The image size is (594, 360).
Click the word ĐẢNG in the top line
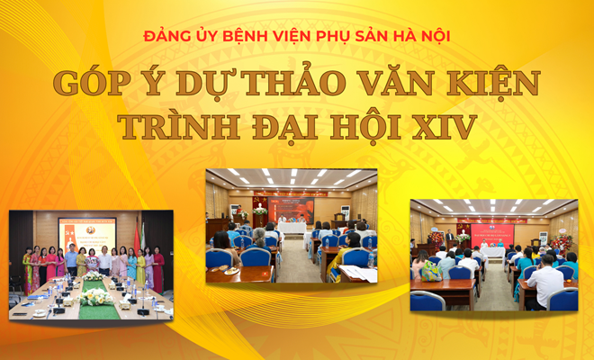(165, 37)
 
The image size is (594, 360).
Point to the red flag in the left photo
(138, 236)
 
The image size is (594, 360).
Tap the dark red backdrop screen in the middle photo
(291, 209)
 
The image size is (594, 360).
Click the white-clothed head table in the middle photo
(292, 229)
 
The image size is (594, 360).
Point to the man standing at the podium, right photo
(448, 238)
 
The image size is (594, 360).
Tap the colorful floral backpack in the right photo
(432, 271)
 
